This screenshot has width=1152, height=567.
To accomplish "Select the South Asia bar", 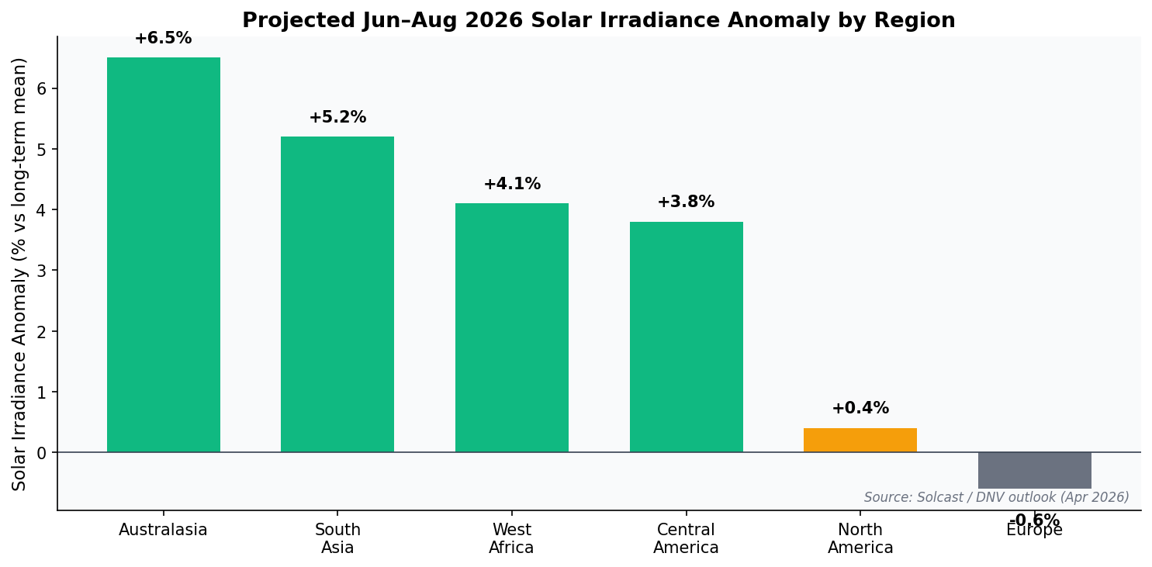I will coord(337,294).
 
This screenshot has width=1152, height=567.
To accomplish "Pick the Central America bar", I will coord(686,337).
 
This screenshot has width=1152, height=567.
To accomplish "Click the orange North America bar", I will coord(860,440).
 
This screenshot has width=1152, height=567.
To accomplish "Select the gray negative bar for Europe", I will coord(1034,470).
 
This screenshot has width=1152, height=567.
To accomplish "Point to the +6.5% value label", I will coord(163,39).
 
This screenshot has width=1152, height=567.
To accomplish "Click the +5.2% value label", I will coord(337,118).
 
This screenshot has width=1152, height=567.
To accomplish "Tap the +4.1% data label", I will coord(511,185).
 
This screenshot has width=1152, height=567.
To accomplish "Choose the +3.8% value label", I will coord(686,202).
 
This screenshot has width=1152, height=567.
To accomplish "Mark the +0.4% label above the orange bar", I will coord(860,409).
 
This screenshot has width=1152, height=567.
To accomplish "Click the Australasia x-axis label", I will coord(163,531).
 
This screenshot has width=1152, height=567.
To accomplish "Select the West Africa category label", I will coord(511,539).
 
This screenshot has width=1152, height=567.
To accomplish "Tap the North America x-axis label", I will coord(860,539).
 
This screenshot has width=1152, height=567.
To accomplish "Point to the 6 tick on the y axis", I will coord(43,88).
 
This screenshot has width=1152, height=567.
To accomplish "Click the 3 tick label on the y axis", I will coord(43,271).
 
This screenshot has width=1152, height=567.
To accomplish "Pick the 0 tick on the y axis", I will coord(43,453).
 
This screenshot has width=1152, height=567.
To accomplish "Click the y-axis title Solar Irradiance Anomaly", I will coord(19,274).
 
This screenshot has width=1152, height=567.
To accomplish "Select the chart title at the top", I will coord(598,21).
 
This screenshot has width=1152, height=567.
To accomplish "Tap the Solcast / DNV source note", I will coord(996,498).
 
